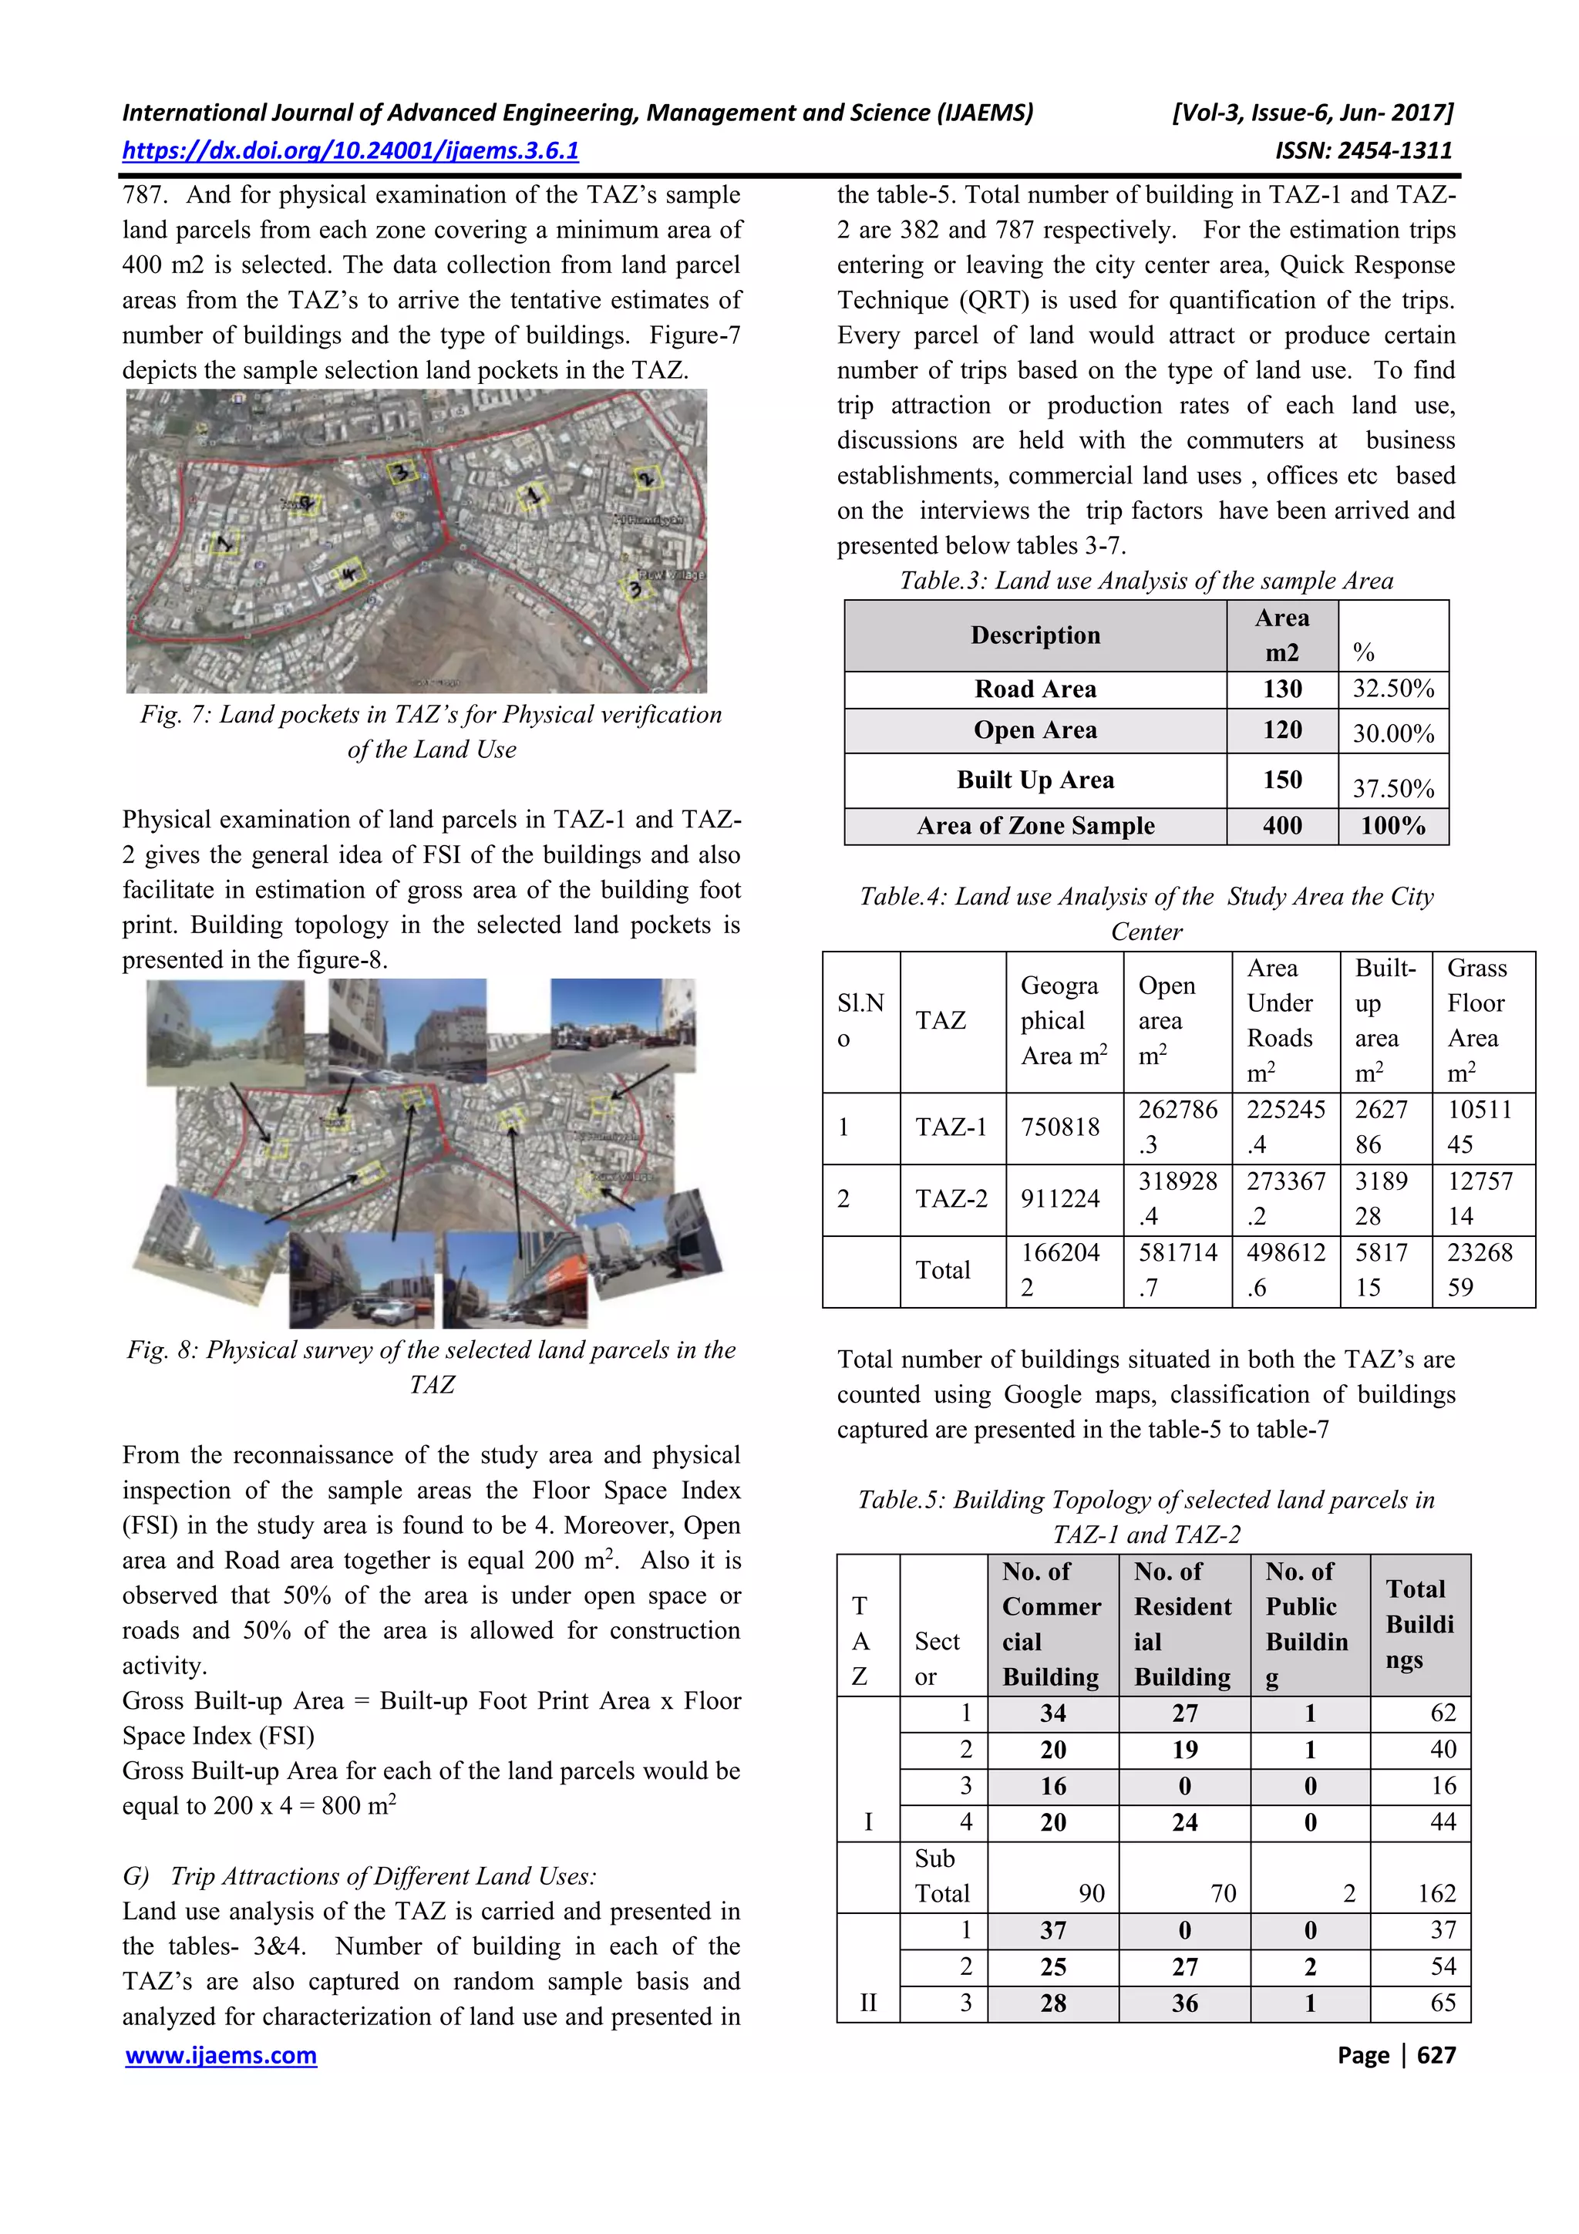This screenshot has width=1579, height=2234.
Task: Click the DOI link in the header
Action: click(350, 151)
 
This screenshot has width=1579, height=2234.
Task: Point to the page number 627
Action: click(1436, 2055)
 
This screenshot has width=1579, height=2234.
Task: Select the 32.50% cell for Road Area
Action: click(1392, 689)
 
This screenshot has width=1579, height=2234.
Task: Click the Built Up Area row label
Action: click(1035, 780)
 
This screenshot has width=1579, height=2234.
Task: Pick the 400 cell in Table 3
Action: click(1281, 826)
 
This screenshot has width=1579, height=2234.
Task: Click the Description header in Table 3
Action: click(1035, 635)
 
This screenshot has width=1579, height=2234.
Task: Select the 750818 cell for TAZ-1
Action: click(1059, 1127)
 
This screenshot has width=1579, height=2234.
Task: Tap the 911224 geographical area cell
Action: click(1059, 1198)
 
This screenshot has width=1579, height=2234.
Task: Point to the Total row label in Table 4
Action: click(941, 1270)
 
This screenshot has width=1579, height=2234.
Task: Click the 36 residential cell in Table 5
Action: click(1184, 2003)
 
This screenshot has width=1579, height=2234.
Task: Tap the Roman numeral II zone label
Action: click(868, 2003)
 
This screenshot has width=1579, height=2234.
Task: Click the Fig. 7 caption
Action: click(431, 732)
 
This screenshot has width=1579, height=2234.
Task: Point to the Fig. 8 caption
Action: click(431, 1366)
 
